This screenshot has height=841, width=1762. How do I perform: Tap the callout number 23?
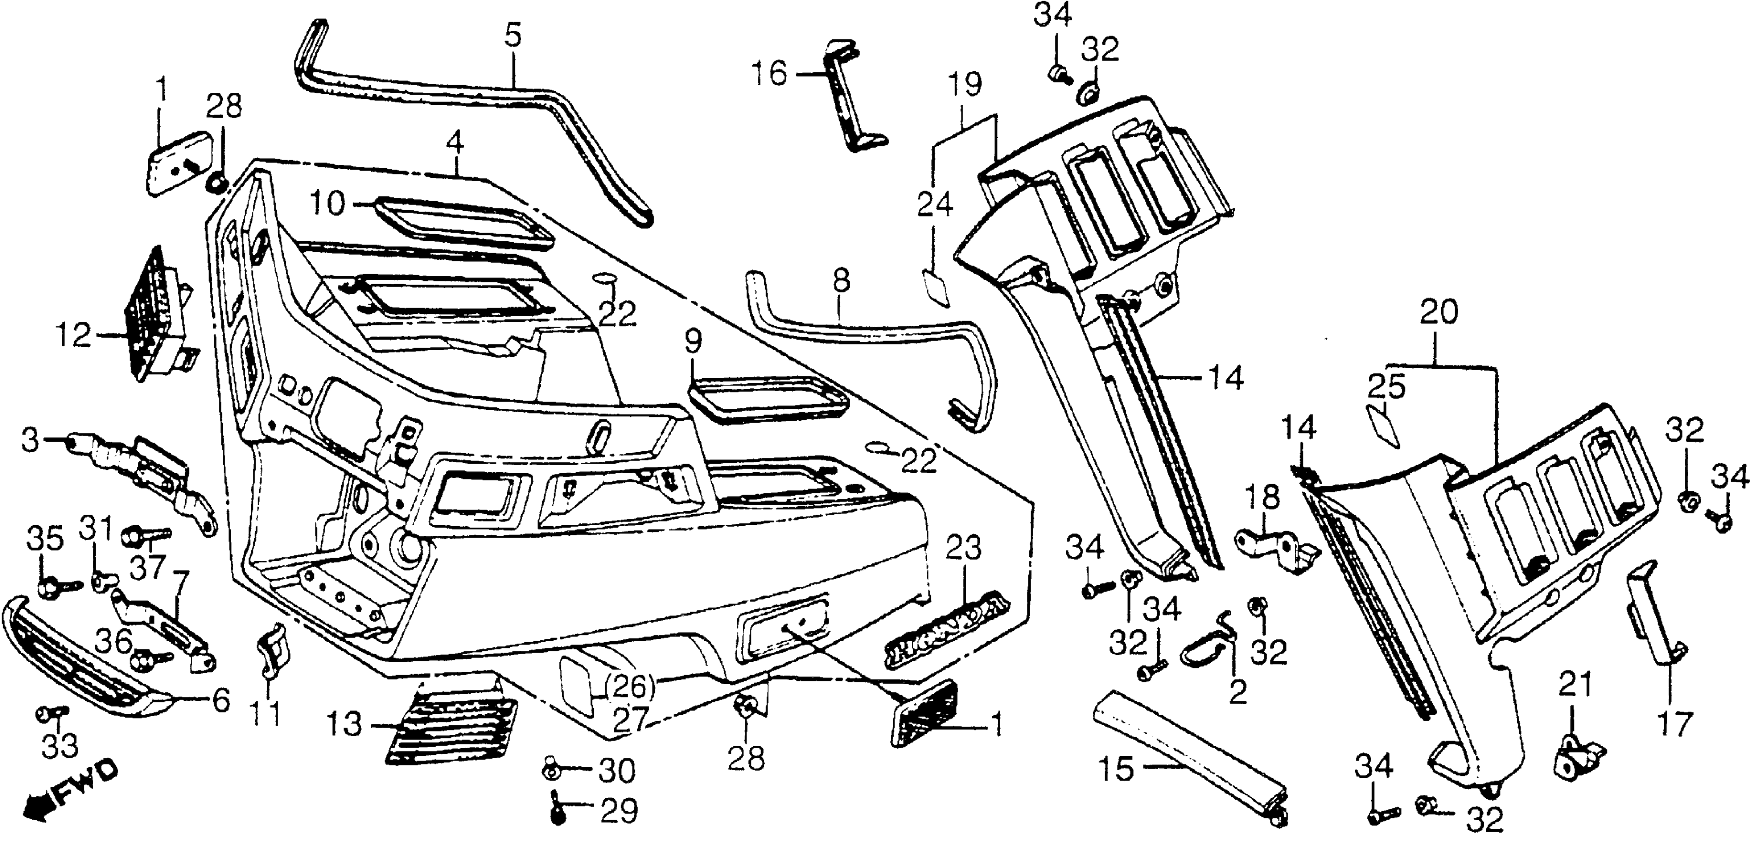[x=964, y=549]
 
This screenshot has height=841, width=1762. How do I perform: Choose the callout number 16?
[x=770, y=73]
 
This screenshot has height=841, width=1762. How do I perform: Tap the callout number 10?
[x=327, y=204]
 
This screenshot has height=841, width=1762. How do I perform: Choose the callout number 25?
[x=1386, y=388]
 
